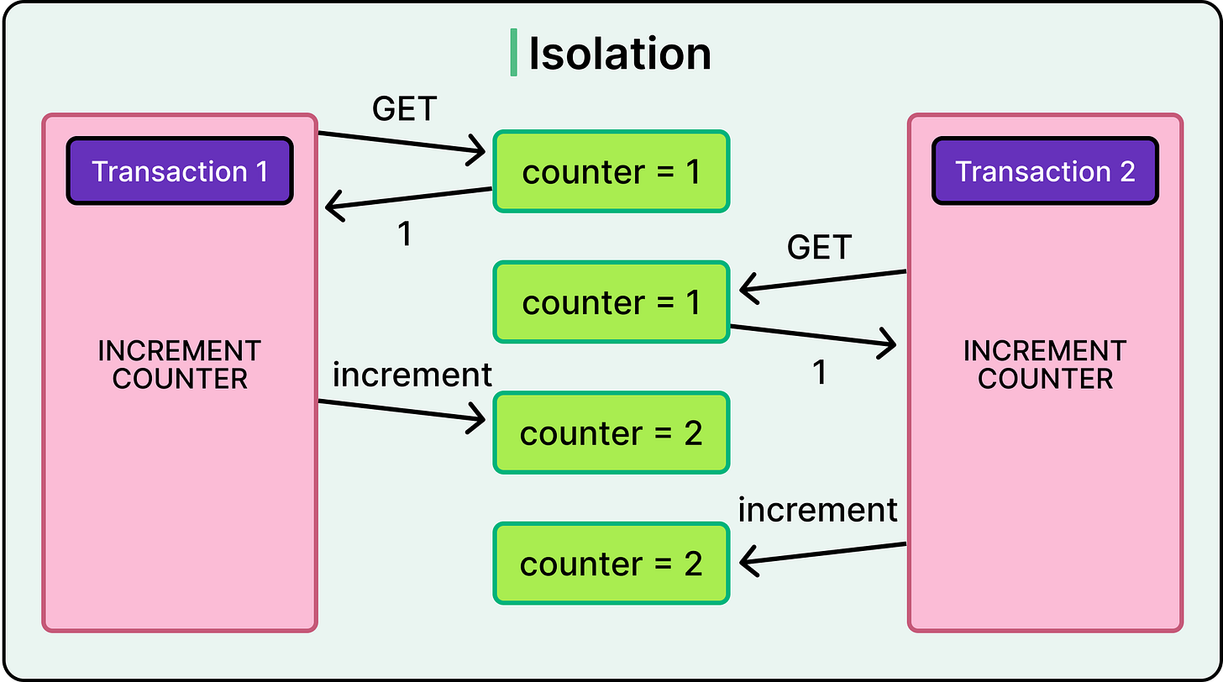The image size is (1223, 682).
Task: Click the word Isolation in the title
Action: point(619,54)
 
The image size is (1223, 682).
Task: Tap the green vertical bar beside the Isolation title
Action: point(513,54)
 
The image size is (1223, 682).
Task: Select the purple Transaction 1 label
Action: point(180,171)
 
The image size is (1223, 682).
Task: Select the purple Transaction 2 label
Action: point(1045,171)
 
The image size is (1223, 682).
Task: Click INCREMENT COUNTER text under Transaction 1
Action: point(180,365)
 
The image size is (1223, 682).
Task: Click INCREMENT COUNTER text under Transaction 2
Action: point(1045,365)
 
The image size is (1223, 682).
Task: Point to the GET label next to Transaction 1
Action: point(404,109)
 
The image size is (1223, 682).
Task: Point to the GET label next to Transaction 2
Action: point(819,248)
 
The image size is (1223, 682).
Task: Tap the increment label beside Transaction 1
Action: point(412,375)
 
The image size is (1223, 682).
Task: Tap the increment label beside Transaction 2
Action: point(817,510)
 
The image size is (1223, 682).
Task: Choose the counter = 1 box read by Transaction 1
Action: point(611,171)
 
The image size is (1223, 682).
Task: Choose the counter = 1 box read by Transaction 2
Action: point(611,302)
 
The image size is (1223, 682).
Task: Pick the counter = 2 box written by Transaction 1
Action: point(611,433)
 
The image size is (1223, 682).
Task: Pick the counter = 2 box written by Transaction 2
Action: point(611,564)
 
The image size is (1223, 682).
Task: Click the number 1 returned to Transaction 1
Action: point(404,235)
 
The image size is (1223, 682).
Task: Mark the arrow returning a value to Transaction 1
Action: point(408,197)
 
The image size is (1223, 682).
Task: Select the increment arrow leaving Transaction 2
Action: point(823,554)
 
